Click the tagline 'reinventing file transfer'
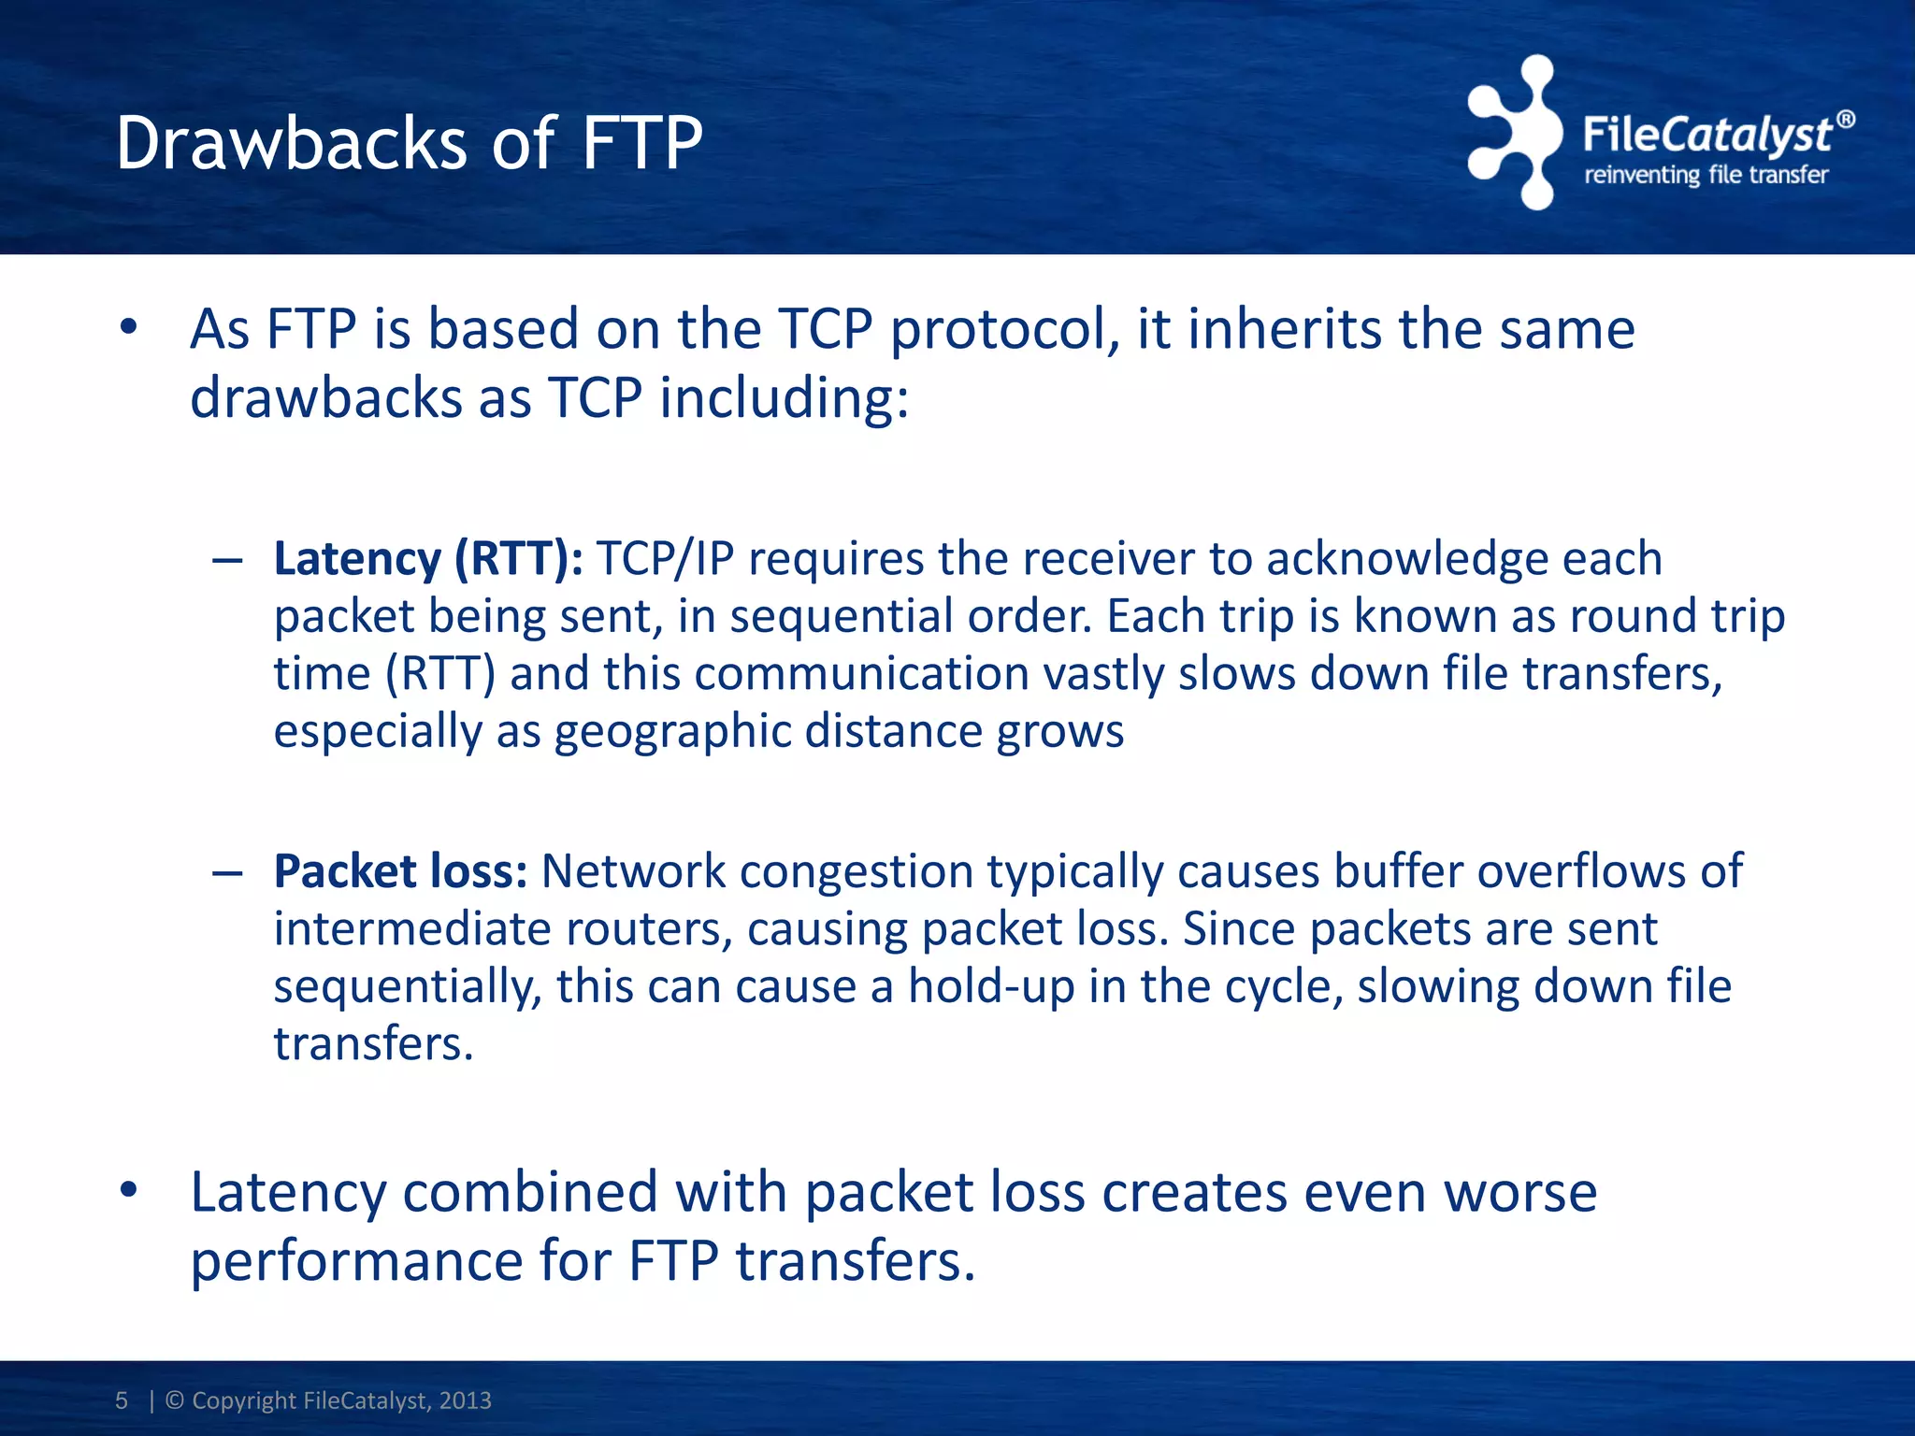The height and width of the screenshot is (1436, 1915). pyautogui.click(x=1706, y=175)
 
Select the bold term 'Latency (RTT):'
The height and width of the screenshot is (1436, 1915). pyautogui.click(x=428, y=559)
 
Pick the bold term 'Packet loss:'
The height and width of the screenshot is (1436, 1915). pyautogui.click(x=400, y=871)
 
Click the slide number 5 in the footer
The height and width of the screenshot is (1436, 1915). pyautogui.click(x=122, y=1400)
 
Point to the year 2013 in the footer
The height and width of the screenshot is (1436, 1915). pyautogui.click(x=465, y=1400)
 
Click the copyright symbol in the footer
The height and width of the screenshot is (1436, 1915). pyautogui.click(x=174, y=1400)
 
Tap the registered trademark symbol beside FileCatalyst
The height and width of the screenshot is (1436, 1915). pyautogui.click(x=1845, y=120)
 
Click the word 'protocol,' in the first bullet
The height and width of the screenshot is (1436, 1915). pyautogui.click(x=1005, y=330)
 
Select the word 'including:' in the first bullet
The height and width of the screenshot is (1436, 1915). pyautogui.click(x=784, y=398)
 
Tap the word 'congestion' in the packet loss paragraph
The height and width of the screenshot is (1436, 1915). pyautogui.click(x=857, y=871)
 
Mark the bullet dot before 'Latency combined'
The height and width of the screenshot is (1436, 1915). pyautogui.click(x=129, y=1190)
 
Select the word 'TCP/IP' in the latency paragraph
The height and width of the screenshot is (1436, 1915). pyautogui.click(x=665, y=559)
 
